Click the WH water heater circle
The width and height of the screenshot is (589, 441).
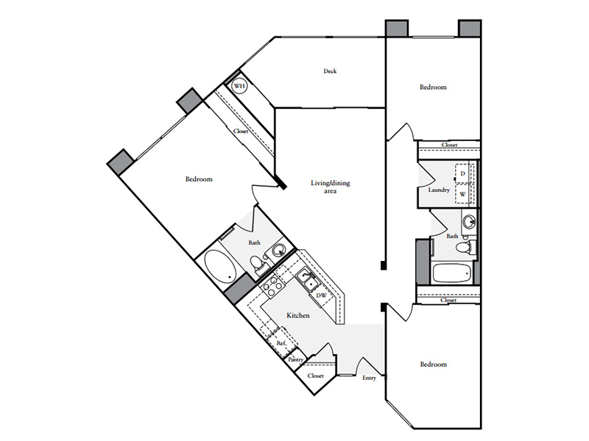239,86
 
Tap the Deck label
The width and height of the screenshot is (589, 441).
330,71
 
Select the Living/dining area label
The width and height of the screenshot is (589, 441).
330,187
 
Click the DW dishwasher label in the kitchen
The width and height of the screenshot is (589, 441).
321,295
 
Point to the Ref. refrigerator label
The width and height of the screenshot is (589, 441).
282,343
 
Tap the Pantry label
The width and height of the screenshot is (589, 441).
296,359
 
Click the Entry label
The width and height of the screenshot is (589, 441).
369,378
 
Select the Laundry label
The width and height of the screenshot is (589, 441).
439,190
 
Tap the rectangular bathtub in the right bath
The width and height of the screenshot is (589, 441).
451,273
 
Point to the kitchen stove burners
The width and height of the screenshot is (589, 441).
272,287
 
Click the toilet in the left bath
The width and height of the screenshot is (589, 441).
258,263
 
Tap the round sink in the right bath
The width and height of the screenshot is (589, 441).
469,222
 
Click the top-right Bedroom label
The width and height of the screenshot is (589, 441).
433,87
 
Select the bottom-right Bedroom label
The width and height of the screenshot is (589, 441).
434,364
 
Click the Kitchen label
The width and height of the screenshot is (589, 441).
298,315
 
